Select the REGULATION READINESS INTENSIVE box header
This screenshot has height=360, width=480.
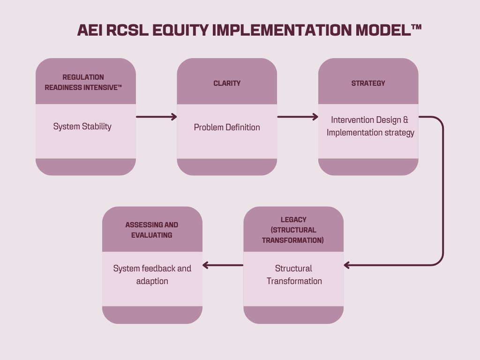(83, 82)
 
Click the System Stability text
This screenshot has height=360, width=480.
(82, 127)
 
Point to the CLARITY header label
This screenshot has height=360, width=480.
(227, 83)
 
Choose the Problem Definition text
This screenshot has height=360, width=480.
(227, 127)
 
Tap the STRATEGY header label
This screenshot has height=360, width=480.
(368, 83)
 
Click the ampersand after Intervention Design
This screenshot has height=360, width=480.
(406, 120)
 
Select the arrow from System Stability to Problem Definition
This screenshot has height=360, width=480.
(156, 117)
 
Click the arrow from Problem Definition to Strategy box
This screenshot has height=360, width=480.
(298, 117)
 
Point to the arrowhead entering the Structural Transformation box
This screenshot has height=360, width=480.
(347, 265)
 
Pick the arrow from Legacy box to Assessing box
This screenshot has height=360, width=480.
(223, 265)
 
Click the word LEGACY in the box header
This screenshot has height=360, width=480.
(293, 219)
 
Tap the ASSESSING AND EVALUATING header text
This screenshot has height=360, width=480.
(152, 230)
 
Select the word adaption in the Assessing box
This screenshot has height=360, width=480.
(152, 281)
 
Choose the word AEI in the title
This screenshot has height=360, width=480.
(90, 30)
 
